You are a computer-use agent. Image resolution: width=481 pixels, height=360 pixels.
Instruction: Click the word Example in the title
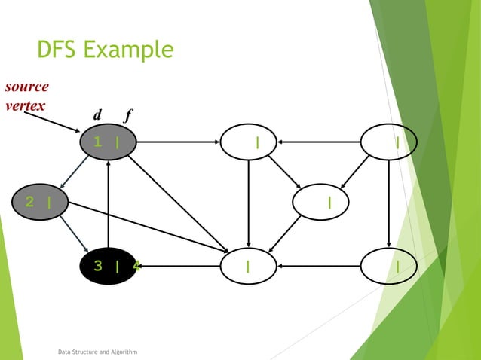tap(128, 51)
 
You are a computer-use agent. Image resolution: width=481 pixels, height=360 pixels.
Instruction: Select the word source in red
tap(26, 87)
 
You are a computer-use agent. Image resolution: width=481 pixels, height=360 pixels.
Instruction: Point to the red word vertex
tap(23, 105)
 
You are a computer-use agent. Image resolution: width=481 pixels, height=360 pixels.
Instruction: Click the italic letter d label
tap(97, 116)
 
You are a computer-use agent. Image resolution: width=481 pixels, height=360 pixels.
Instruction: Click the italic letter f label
tap(128, 116)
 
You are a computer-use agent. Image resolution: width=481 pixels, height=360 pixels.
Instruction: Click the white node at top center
tap(248, 142)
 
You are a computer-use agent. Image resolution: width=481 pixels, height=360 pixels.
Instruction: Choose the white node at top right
tap(388, 142)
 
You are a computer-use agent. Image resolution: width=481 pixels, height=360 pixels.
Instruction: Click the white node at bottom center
tap(248, 266)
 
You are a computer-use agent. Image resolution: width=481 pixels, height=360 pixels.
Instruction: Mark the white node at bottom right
tap(388, 266)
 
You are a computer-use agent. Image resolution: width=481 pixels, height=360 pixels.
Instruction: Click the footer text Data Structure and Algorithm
tap(97, 351)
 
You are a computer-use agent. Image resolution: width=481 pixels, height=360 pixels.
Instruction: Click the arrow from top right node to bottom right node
tap(388, 203)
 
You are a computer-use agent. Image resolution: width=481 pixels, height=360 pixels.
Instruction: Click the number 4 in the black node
tap(136, 266)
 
